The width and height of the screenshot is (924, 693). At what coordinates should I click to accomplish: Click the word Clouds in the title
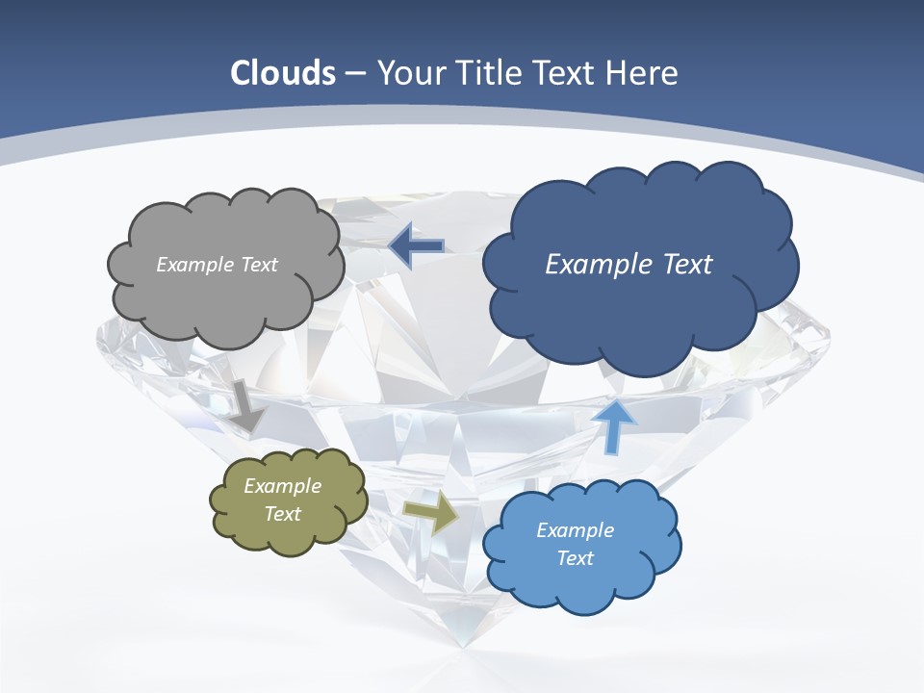click(283, 73)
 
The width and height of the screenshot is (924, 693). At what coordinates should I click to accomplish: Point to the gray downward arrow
click(246, 404)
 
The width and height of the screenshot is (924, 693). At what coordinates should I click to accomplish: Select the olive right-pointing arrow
click(431, 512)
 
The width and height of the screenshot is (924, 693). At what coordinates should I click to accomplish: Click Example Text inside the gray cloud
click(217, 265)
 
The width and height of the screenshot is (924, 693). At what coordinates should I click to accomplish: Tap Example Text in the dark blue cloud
click(629, 264)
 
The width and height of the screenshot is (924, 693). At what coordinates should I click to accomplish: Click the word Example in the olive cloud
click(282, 486)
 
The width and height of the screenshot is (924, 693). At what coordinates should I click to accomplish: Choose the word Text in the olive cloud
click(282, 514)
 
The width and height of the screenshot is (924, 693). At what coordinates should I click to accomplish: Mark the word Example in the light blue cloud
click(575, 530)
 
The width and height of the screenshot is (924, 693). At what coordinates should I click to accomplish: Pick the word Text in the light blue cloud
click(575, 558)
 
